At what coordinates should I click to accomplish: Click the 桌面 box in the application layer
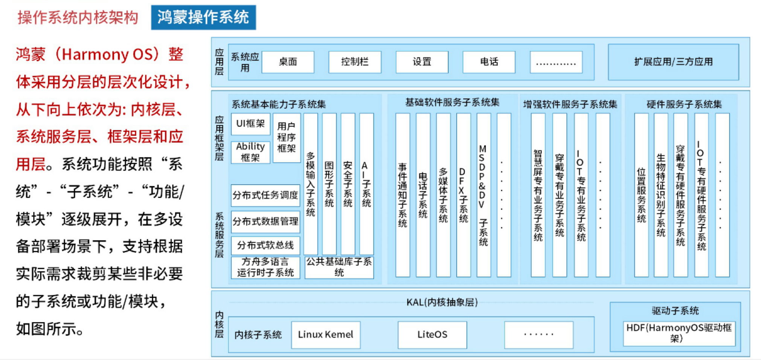tap(288, 62)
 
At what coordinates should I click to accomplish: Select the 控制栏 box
tap(355, 62)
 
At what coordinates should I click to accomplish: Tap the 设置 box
tap(422, 62)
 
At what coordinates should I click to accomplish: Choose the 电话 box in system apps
tap(489, 62)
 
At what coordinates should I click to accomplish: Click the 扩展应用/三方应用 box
tap(673, 62)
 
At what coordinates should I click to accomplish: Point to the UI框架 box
tap(250, 124)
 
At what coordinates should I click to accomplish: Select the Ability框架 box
tap(250, 152)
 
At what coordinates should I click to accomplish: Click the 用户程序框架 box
tap(287, 137)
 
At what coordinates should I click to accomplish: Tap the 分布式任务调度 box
tap(265, 195)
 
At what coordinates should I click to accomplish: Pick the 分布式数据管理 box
tap(265, 221)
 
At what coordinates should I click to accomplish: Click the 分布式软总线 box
tap(265, 246)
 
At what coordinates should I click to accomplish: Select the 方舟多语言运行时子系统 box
tap(265, 267)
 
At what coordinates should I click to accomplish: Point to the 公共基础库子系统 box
tap(339, 267)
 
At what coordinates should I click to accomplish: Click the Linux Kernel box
tap(326, 335)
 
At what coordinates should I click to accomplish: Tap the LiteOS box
tap(432, 335)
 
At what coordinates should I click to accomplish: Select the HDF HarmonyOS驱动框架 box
tap(679, 333)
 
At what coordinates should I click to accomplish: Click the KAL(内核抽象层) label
tap(442, 302)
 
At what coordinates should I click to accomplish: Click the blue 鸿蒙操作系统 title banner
tap(203, 17)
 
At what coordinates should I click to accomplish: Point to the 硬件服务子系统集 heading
tap(684, 104)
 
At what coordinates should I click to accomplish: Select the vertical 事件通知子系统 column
tap(403, 195)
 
